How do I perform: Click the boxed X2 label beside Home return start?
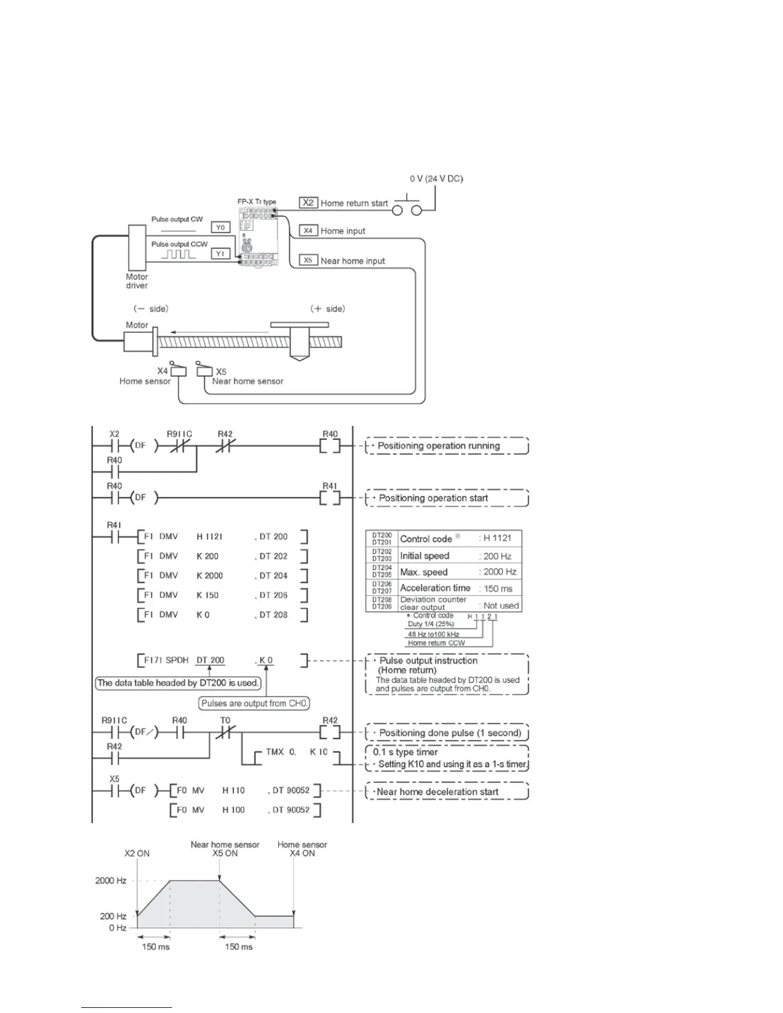[308, 203]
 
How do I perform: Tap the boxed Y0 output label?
[221, 227]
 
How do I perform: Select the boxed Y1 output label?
[221, 253]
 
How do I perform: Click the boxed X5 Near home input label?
[308, 260]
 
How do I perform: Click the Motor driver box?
[138, 247]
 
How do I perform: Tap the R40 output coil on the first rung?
[330, 446]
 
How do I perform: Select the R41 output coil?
[330, 498]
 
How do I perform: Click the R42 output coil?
[330, 732]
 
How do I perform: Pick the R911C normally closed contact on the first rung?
[178, 446]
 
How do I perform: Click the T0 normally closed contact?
[225, 732]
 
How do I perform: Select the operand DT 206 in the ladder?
[273, 595]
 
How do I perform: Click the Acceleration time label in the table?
[435, 588]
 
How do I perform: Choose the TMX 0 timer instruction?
[281, 752]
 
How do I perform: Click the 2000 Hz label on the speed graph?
[111, 881]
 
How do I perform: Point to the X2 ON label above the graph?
[137, 853]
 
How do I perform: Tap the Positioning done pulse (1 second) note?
[450, 733]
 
